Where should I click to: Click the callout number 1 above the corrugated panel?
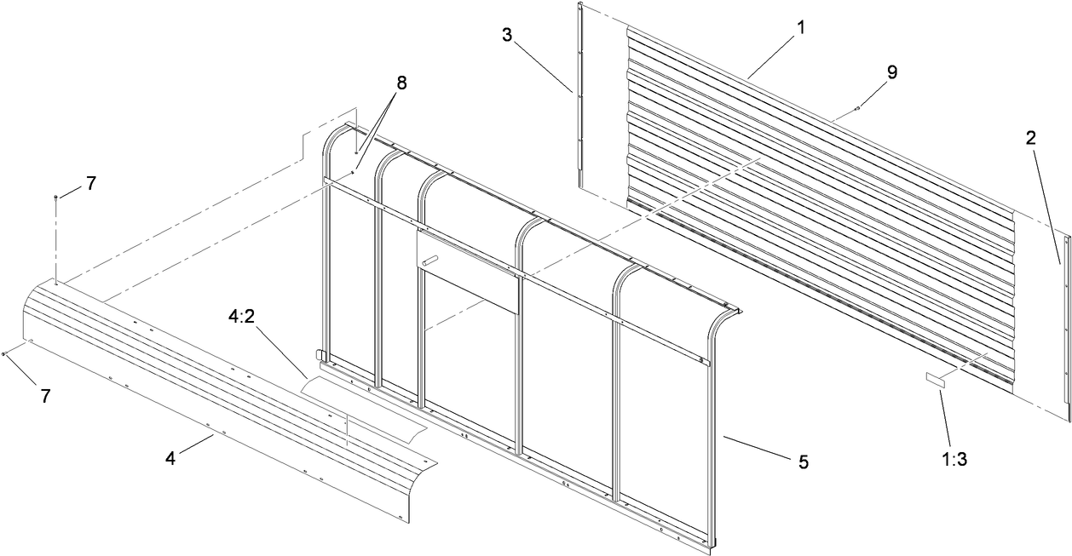coord(800,26)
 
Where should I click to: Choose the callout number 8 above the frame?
coord(401,83)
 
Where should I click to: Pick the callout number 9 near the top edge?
coord(890,72)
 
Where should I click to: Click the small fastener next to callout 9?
coord(859,107)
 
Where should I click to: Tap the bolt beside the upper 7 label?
coord(56,197)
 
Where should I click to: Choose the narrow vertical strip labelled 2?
coord(1065,324)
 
